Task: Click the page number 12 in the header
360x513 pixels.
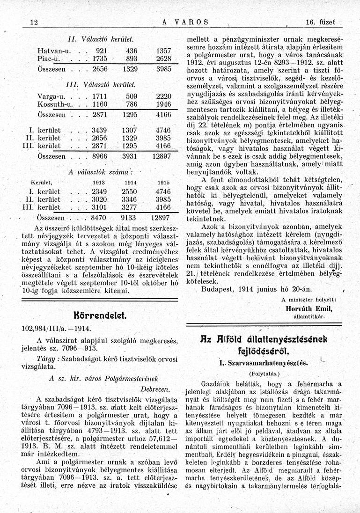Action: pos(33,22)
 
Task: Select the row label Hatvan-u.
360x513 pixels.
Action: pos(51,49)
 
